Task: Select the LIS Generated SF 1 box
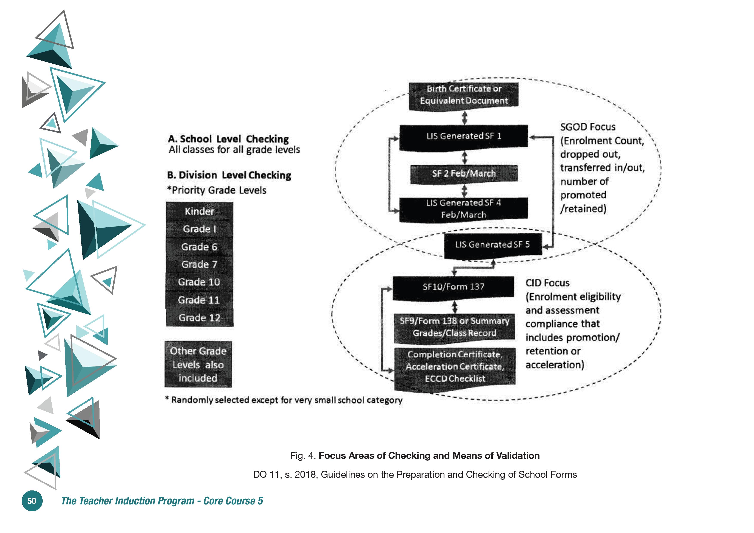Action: tap(463, 137)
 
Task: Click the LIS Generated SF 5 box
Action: tap(493, 246)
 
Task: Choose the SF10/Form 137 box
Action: tap(453, 288)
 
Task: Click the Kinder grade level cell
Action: tap(199, 211)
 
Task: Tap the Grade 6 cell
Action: tap(199, 247)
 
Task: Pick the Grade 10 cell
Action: tap(199, 282)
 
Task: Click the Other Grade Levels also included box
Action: tap(198, 365)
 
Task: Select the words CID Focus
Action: tap(547, 283)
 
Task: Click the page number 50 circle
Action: tap(32, 501)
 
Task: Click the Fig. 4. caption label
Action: tap(303, 455)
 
